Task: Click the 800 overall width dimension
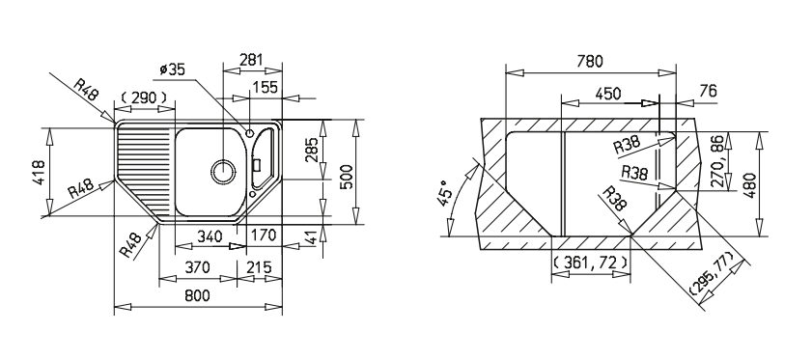(197, 295)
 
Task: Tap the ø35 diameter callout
(173, 69)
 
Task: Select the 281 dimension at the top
(252, 60)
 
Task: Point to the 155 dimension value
(266, 87)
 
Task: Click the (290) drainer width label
(144, 97)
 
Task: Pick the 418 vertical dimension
(39, 172)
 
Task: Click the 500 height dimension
(346, 177)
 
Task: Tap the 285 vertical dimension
(312, 150)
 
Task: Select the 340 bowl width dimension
(210, 236)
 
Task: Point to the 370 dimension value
(197, 267)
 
